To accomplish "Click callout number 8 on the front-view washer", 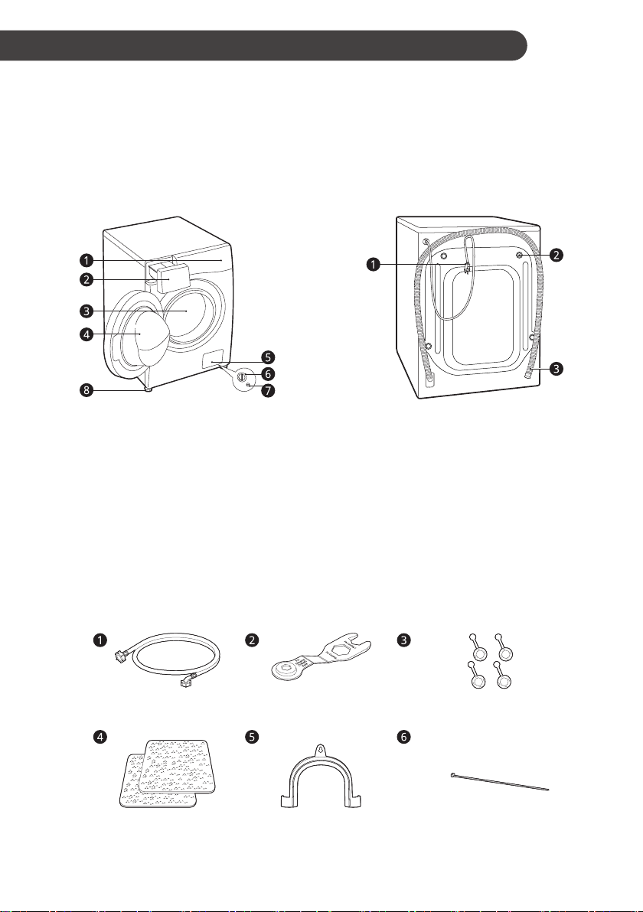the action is tap(86, 390).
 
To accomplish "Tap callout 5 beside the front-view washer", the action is tap(268, 357).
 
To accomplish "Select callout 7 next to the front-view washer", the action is tap(268, 390).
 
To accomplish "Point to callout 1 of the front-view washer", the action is tap(86, 259).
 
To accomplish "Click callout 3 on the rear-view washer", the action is tap(557, 368).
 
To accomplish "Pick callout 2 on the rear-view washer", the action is tap(557, 254).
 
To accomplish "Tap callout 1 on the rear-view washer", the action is tap(373, 265).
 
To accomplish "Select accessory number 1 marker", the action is tap(101, 640).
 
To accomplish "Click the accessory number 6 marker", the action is tap(403, 737).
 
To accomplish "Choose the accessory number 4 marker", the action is tap(101, 737).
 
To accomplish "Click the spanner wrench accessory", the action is tap(321, 656).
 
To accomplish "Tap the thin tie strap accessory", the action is tap(500, 781).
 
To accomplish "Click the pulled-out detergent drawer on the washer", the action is tap(169, 275).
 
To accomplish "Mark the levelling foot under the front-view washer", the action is tap(148, 389).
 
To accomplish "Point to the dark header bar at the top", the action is tap(263, 45).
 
